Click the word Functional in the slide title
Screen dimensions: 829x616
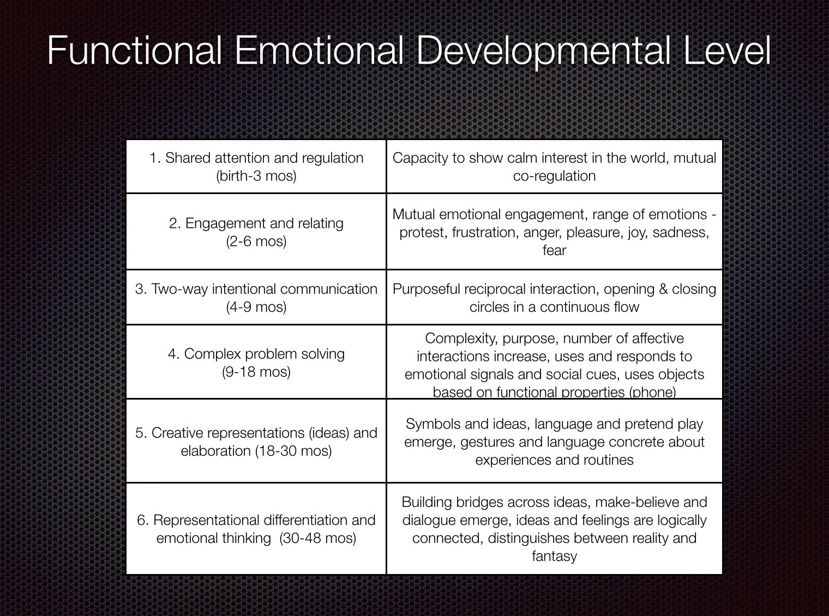click(134, 51)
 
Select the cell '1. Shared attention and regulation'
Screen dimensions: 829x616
click(256, 158)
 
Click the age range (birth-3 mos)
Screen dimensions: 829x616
click(256, 176)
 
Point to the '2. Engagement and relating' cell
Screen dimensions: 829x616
click(256, 224)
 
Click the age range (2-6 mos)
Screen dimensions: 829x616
click(256, 241)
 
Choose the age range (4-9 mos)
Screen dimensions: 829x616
click(256, 307)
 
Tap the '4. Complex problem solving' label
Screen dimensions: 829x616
click(256, 354)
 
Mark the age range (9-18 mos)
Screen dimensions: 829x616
click(256, 372)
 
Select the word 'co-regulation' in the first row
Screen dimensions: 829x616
click(554, 176)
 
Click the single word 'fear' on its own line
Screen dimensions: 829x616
click(554, 250)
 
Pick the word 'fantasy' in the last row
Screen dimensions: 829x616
click(554, 556)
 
